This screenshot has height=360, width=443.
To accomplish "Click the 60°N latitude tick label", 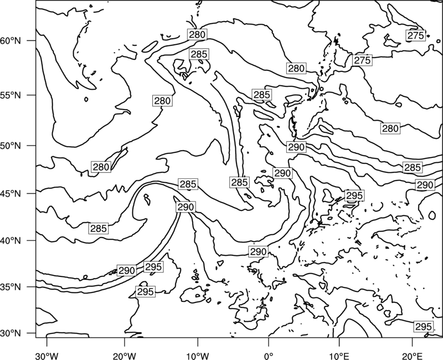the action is point(11,41).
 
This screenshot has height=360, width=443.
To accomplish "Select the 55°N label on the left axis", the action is point(11,95).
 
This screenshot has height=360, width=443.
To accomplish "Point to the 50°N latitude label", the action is point(11,146).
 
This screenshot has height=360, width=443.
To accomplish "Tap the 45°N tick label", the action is point(11,194).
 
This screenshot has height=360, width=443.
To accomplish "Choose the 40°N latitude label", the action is point(11,241).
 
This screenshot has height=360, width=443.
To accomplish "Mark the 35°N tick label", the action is point(11,287).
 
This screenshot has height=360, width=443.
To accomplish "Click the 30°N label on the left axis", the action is point(11,333).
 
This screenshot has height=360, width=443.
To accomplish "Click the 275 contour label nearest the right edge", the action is point(416,35).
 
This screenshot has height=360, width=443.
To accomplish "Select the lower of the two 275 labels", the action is point(362,60).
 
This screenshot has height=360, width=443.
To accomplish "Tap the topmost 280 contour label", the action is point(197,34).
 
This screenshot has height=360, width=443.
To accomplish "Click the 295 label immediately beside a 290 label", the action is point(153,267).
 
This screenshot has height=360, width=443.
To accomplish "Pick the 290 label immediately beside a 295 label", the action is point(127,270).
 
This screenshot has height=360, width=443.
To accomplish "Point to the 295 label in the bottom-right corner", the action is point(424,327).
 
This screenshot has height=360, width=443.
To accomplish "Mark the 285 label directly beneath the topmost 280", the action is point(199,54).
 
